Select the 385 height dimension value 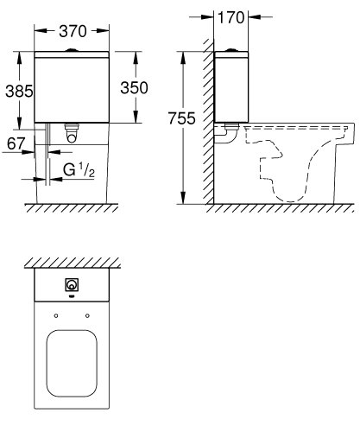(x=16, y=90)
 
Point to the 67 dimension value (x=15, y=143)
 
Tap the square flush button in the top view (x=71, y=285)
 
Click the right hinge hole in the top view (x=87, y=314)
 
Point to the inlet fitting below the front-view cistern (x=73, y=133)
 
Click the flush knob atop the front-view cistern (x=73, y=49)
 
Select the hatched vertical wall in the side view (x=207, y=121)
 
